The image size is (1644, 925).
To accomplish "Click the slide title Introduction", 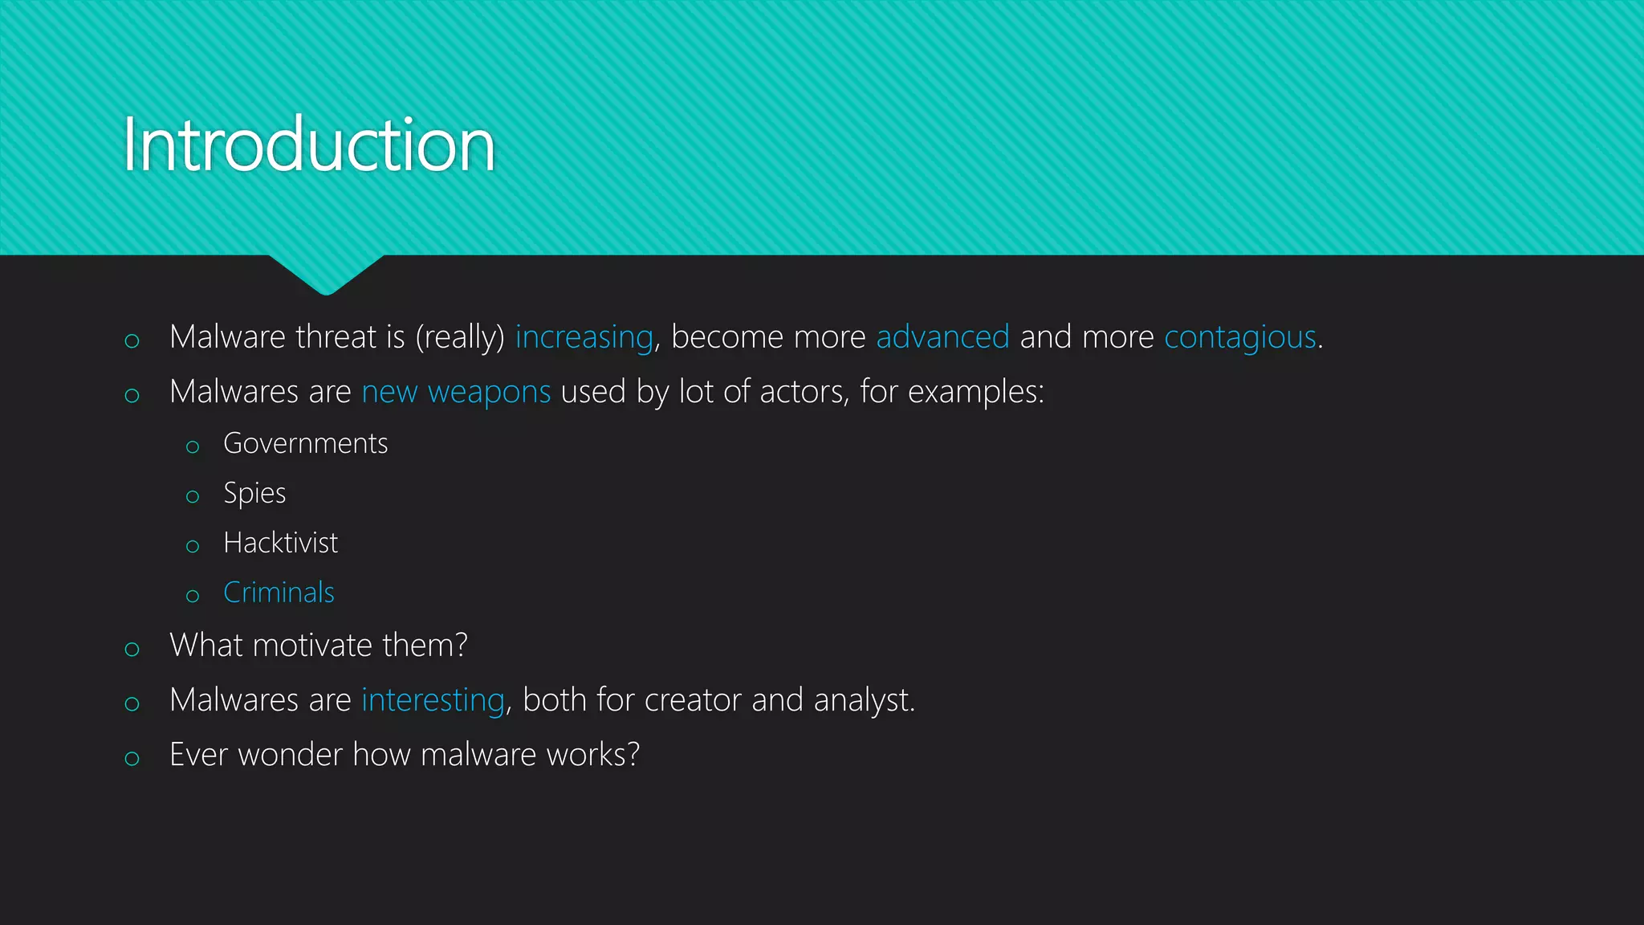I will click(308, 145).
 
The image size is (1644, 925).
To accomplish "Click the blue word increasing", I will click(584, 337).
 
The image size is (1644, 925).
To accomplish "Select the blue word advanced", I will click(942, 337).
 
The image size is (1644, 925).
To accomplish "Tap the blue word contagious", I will click(1239, 337).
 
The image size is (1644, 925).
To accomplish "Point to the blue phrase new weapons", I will click(456, 392).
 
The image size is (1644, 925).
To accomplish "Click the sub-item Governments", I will click(305, 443).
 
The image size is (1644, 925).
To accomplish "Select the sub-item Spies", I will click(254, 493).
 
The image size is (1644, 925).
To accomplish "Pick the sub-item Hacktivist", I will click(280, 543).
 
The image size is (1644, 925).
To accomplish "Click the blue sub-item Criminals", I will click(279, 593).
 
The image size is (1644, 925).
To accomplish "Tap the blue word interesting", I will click(433, 700).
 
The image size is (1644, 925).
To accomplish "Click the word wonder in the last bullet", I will click(290, 755).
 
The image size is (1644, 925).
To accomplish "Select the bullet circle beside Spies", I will click(193, 497).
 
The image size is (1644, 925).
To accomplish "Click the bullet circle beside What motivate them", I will click(132, 649).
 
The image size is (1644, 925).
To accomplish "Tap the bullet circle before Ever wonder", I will click(132, 758).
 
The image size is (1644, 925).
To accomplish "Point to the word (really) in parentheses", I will click(459, 337).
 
